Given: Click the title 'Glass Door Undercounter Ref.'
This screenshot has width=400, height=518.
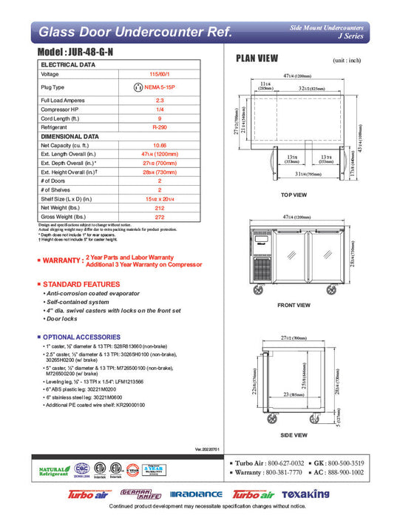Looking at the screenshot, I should [x=135, y=33].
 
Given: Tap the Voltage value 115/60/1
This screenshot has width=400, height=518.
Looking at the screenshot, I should [x=159, y=75].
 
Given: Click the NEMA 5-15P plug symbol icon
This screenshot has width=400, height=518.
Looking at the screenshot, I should [x=137, y=87].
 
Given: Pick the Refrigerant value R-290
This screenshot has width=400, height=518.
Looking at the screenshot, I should [x=159, y=127].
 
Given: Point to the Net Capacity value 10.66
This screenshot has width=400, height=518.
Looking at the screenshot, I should [x=159, y=146].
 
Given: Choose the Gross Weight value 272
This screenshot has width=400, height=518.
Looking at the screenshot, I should [x=159, y=217].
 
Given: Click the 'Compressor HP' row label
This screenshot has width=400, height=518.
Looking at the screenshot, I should [x=61, y=110].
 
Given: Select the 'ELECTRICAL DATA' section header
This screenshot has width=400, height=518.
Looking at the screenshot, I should [x=68, y=65].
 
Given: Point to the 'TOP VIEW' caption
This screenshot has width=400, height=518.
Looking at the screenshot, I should [x=294, y=195].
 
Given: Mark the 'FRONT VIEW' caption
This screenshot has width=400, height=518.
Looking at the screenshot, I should [x=294, y=305].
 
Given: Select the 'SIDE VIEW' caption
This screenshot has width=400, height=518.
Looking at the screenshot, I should [x=294, y=434].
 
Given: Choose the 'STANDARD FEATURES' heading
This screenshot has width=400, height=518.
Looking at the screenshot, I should [x=81, y=284].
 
